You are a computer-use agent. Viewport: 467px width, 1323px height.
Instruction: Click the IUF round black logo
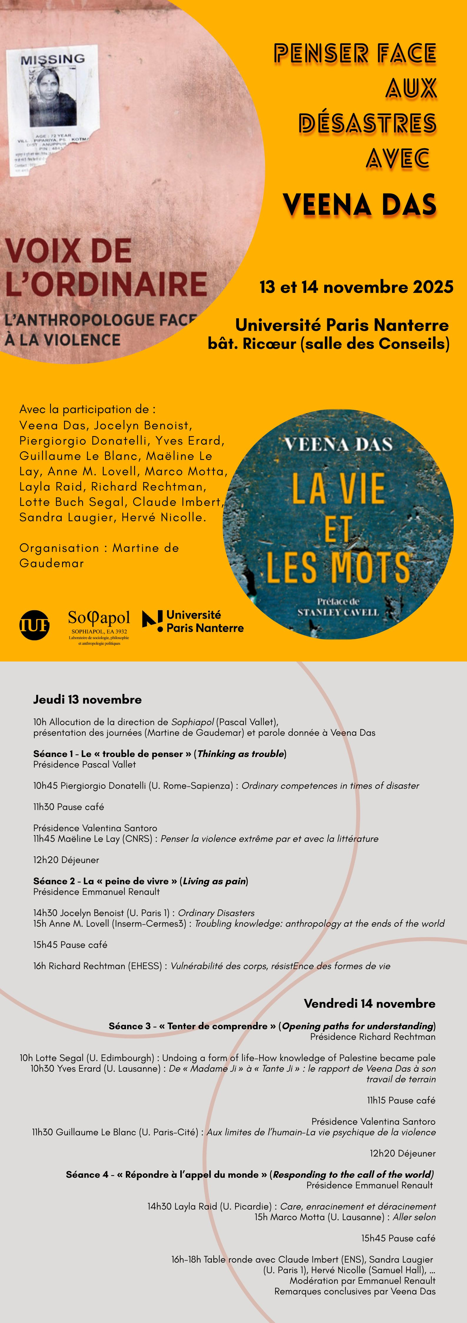coord(34,625)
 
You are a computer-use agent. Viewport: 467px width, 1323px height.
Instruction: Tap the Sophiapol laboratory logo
coord(99,626)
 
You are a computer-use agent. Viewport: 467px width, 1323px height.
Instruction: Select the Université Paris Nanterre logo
coord(193,621)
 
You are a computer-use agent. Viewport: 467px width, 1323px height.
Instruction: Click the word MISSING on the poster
coord(52,60)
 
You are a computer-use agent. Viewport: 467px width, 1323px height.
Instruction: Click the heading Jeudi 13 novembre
coord(87,700)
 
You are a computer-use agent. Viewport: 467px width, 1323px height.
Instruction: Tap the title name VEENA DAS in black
coord(359,204)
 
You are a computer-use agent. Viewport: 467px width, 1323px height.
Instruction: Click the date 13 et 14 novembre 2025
coord(356,287)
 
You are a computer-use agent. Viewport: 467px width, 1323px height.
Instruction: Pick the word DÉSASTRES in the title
coord(368,123)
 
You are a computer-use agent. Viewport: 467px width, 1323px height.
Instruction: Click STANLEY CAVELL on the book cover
coord(338,612)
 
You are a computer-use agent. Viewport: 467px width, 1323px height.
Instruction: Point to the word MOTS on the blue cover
coord(370,568)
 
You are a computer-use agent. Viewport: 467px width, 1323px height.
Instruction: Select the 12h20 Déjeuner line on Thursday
coord(66,860)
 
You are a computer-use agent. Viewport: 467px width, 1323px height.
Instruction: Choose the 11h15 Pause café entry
coord(401,1100)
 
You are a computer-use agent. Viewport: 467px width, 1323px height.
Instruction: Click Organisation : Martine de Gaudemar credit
coord(99,555)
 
